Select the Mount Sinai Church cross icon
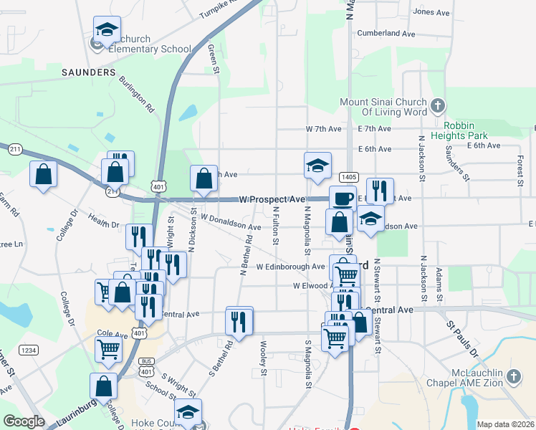(437, 107)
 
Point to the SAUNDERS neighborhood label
(89, 72)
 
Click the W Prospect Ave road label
(272, 199)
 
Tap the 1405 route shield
(349, 176)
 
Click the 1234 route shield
(29, 350)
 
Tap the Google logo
(24, 421)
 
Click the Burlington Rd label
(137, 95)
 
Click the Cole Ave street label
(111, 333)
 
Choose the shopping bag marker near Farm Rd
(44, 174)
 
